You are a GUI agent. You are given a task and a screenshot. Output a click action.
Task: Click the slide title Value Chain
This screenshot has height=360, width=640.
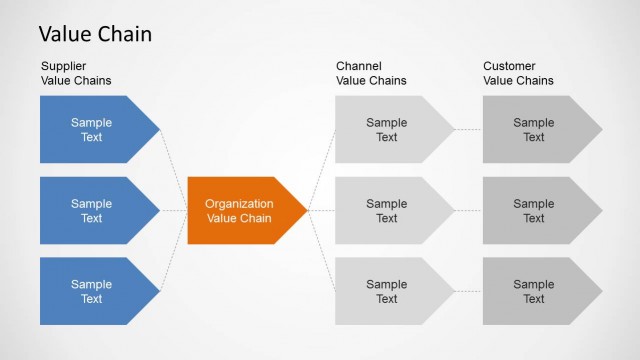tap(95, 34)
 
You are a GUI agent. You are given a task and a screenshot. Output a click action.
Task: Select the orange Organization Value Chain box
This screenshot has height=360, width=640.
tap(240, 210)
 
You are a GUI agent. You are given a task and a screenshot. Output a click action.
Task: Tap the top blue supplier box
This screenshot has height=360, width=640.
tap(92, 130)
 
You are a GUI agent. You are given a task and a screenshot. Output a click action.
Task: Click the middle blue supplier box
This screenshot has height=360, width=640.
tap(92, 210)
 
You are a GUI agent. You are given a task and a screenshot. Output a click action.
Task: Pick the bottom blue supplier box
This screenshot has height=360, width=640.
tap(92, 291)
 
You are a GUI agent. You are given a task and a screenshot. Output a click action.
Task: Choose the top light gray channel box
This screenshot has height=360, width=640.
tap(387, 130)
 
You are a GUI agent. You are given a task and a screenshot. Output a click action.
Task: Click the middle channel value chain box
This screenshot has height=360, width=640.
tap(387, 210)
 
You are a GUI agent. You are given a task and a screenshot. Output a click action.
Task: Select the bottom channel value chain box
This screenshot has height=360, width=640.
tap(387, 291)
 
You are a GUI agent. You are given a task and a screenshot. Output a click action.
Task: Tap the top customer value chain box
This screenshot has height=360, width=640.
tap(534, 130)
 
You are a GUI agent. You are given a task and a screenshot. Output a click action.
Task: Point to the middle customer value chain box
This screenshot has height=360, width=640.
tap(534, 210)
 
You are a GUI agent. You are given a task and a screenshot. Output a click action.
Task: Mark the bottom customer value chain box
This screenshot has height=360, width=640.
tap(534, 291)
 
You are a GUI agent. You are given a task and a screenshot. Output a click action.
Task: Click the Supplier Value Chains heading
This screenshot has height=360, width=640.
tap(76, 73)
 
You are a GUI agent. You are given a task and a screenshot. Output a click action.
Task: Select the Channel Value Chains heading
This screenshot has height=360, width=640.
tap(371, 73)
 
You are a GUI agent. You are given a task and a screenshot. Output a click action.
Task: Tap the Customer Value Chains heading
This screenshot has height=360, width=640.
tap(518, 73)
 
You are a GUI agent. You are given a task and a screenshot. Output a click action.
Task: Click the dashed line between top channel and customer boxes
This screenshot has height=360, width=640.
tap(469, 130)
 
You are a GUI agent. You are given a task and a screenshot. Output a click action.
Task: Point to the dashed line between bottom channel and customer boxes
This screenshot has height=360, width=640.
tap(469, 291)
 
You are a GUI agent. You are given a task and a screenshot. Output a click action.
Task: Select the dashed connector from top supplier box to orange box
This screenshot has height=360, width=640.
tap(174, 170)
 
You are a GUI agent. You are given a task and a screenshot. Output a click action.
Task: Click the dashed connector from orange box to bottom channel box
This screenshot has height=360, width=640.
tap(322, 250)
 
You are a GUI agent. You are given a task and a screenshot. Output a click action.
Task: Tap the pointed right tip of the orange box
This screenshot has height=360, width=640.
tap(304, 210)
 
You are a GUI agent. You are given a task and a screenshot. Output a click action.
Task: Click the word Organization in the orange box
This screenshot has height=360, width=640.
tap(239, 203)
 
